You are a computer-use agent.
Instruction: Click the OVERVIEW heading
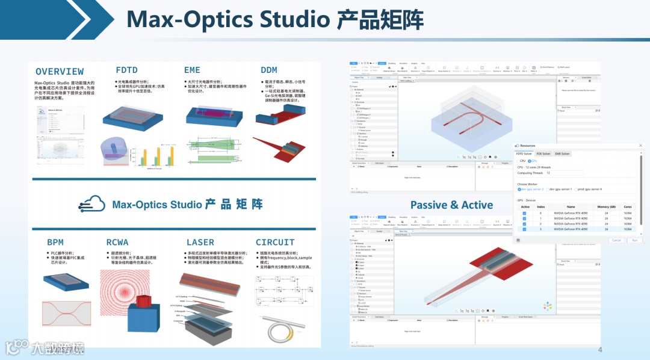pos(60,72)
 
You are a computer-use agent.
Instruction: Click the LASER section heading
pos(200,242)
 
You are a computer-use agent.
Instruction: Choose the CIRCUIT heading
pos(275,242)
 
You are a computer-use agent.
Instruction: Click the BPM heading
pos(55,242)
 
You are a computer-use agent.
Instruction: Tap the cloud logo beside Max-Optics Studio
pos(93,204)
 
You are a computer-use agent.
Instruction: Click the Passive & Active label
pos(451,205)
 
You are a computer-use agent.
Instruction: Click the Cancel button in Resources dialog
pos(616,240)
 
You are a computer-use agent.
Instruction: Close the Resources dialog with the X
pos(640,146)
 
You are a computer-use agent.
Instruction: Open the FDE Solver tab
pos(543,154)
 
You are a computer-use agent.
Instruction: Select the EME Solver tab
pos(562,154)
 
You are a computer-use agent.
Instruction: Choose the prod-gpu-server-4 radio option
pos(589,189)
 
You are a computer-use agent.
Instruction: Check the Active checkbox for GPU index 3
pos(525,229)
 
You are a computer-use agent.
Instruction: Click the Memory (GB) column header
pos(606,206)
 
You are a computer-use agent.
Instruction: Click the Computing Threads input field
pos(563,173)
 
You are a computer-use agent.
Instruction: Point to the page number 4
pos(599,350)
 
